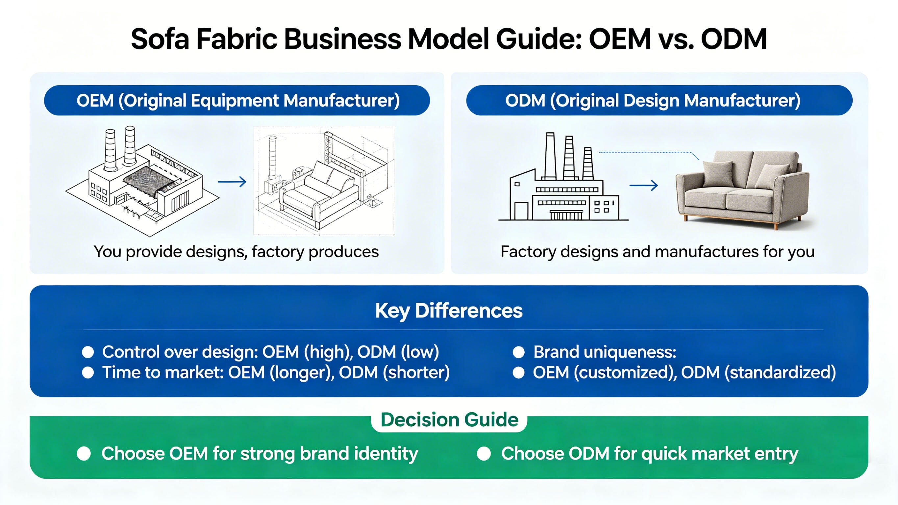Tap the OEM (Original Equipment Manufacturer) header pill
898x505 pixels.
click(x=237, y=100)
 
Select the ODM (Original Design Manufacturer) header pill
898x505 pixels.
click(x=659, y=100)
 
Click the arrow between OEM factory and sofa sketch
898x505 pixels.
click(x=232, y=182)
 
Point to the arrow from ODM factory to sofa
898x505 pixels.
click(x=643, y=185)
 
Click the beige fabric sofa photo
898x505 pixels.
click(x=742, y=190)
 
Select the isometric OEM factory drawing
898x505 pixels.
click(x=142, y=181)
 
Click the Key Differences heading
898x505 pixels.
click(x=449, y=310)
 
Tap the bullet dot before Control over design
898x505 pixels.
click(x=88, y=352)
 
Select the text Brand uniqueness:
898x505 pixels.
click(x=605, y=352)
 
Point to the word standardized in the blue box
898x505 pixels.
click(x=780, y=372)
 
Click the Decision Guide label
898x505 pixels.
click(x=449, y=419)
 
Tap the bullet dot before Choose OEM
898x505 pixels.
click(x=84, y=454)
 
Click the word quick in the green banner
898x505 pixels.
click(x=664, y=454)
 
